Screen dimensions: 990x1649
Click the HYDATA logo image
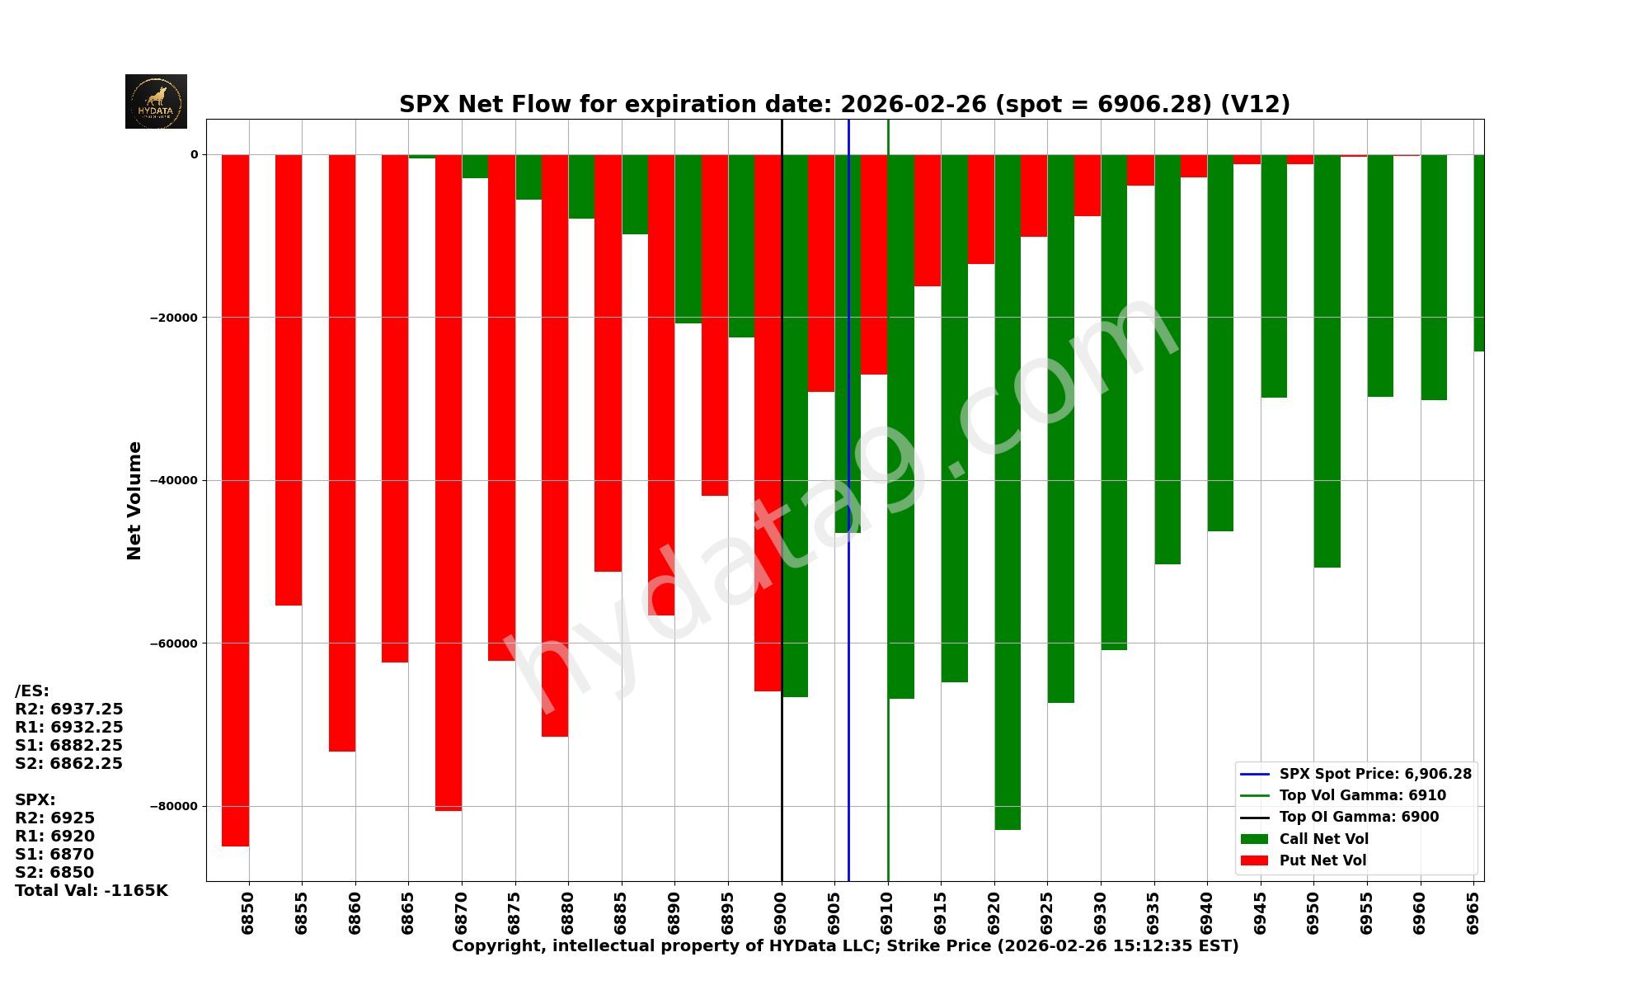coord(156,101)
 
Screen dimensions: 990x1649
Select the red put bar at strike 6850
coord(235,495)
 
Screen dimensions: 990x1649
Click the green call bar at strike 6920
coord(1008,495)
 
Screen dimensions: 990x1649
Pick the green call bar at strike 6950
coord(1327,363)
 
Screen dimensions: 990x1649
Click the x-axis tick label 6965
coord(1473,912)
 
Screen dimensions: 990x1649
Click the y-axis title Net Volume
coord(134,501)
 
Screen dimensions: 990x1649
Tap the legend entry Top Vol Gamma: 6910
coord(1362,795)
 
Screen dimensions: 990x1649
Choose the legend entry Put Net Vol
coord(1322,860)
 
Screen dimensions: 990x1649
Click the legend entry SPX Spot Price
coord(1374,774)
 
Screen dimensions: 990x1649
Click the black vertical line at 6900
coord(782,784)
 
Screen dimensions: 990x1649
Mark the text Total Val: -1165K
coord(92,891)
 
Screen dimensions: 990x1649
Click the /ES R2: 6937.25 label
coord(69,709)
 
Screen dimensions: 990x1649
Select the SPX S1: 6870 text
coord(54,855)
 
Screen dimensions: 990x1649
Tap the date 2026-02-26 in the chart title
coord(913,105)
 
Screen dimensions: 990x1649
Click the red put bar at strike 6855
coord(289,379)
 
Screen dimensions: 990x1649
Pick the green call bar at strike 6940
coord(1220,346)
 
